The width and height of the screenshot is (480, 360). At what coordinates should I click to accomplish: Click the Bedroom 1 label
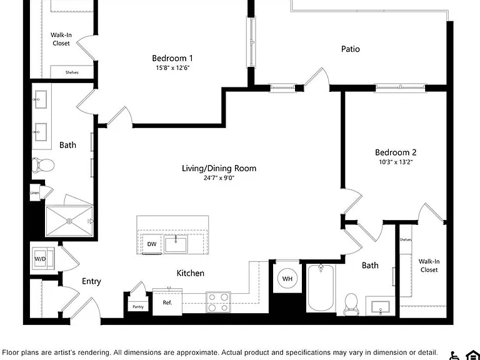172,58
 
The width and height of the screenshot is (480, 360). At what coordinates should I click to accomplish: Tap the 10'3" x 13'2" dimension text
396,162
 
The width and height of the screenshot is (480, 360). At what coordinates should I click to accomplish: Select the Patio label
351,49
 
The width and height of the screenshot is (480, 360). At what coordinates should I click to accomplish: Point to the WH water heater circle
287,279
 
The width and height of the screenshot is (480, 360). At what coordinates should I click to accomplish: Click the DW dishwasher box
152,244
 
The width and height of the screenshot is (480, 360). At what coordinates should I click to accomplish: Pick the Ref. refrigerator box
167,302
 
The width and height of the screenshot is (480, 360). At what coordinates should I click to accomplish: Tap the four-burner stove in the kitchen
218,302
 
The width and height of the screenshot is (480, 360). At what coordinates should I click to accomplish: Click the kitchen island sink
176,244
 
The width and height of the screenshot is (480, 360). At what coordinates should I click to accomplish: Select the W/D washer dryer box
43,259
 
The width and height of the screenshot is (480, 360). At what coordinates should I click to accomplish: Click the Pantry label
138,307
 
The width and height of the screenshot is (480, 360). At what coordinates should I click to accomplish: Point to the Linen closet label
34,193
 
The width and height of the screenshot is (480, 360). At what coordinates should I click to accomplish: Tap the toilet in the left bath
43,165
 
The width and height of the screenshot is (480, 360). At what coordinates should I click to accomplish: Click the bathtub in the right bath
321,287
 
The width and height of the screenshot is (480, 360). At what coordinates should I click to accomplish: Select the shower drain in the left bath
69,221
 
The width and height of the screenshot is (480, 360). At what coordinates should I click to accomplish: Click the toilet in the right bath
351,304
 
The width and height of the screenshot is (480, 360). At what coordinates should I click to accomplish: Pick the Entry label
91,281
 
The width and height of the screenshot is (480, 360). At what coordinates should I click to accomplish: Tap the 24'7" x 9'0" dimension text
219,177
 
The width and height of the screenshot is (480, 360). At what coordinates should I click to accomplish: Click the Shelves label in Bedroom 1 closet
72,72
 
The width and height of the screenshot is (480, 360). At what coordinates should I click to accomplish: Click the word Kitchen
191,273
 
